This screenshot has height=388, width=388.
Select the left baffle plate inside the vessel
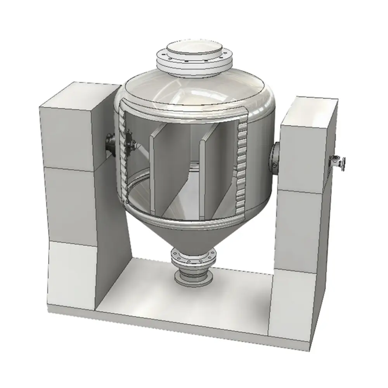(x=157, y=171)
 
